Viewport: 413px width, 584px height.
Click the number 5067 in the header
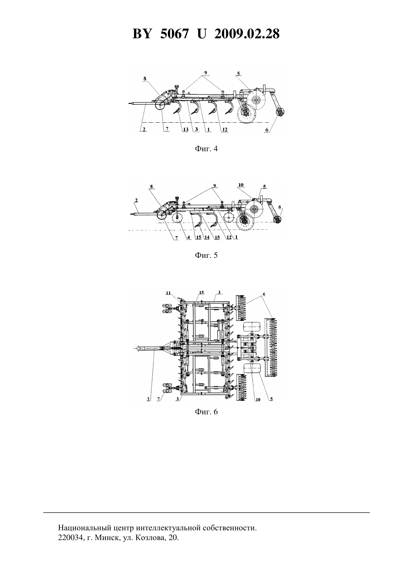pyautogui.click(x=174, y=34)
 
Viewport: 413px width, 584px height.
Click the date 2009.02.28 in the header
pyautogui.click(x=247, y=34)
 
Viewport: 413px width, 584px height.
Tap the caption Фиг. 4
pyautogui.click(x=206, y=149)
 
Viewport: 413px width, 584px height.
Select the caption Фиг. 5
pyautogui.click(x=206, y=255)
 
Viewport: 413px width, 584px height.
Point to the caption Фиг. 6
pyautogui.click(x=206, y=412)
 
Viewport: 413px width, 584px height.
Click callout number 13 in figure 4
pyautogui.click(x=185, y=129)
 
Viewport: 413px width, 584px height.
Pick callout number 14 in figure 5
pyautogui.click(x=207, y=238)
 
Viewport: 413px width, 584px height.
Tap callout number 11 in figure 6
pyautogui.click(x=168, y=293)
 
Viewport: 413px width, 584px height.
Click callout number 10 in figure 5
pyautogui.click(x=241, y=185)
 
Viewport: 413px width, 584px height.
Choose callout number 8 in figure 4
pyautogui.click(x=145, y=78)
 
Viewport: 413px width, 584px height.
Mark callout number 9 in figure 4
pyautogui.click(x=205, y=73)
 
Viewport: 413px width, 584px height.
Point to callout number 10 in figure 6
pyautogui.click(x=258, y=399)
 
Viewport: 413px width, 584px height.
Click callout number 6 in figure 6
pyautogui.click(x=264, y=294)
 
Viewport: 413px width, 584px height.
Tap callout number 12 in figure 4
pyautogui.click(x=225, y=129)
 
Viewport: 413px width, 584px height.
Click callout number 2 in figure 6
pyautogui.click(x=148, y=399)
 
